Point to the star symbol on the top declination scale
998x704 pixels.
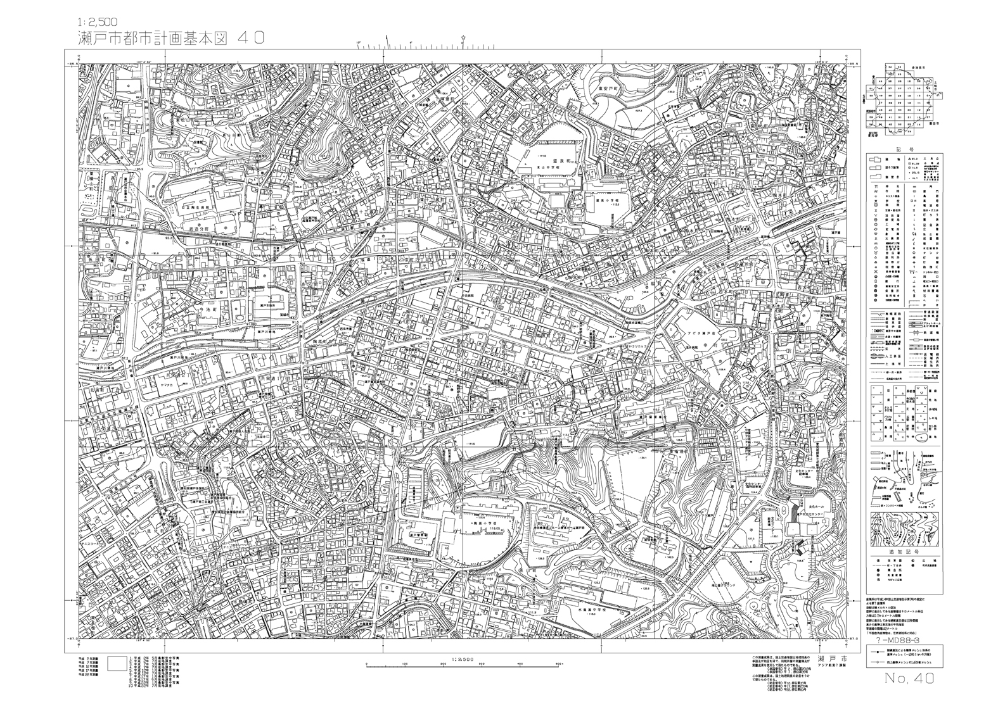click(464, 39)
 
